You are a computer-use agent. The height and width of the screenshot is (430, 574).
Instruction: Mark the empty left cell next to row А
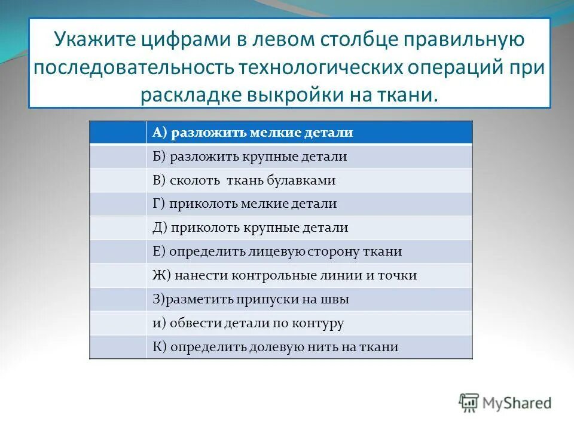(118, 133)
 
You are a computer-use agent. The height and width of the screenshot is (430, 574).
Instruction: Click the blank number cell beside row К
(118, 347)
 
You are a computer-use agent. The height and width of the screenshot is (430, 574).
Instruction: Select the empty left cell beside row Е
(118, 251)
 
